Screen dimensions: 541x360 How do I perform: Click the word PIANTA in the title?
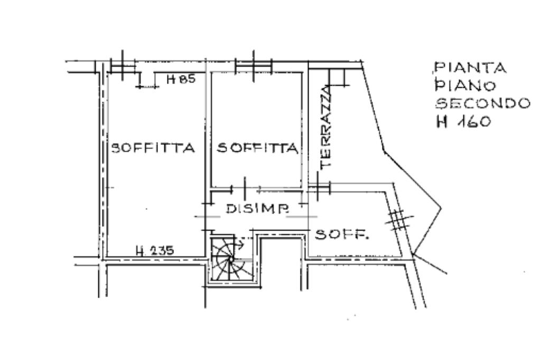point(470,67)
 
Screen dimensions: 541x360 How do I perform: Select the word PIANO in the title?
point(465,85)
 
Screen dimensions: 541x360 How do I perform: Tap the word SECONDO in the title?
point(482,103)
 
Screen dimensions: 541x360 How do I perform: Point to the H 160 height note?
point(463,122)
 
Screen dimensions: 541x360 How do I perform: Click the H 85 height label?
point(181,79)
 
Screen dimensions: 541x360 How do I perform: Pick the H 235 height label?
point(155,250)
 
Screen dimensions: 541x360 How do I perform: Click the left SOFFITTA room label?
point(153,148)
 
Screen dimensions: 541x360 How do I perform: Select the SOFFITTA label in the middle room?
point(257,148)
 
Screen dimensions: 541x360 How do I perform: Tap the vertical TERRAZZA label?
point(325,128)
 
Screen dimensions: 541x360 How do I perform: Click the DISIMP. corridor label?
point(257,208)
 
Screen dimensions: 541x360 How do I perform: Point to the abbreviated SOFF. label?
point(342,235)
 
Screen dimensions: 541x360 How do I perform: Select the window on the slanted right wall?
point(399,220)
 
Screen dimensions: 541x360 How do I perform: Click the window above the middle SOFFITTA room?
point(254,66)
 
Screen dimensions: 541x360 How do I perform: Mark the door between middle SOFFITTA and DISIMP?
point(245,188)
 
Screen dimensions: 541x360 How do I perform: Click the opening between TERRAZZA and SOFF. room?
point(319,188)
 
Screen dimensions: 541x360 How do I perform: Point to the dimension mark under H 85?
point(148,86)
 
